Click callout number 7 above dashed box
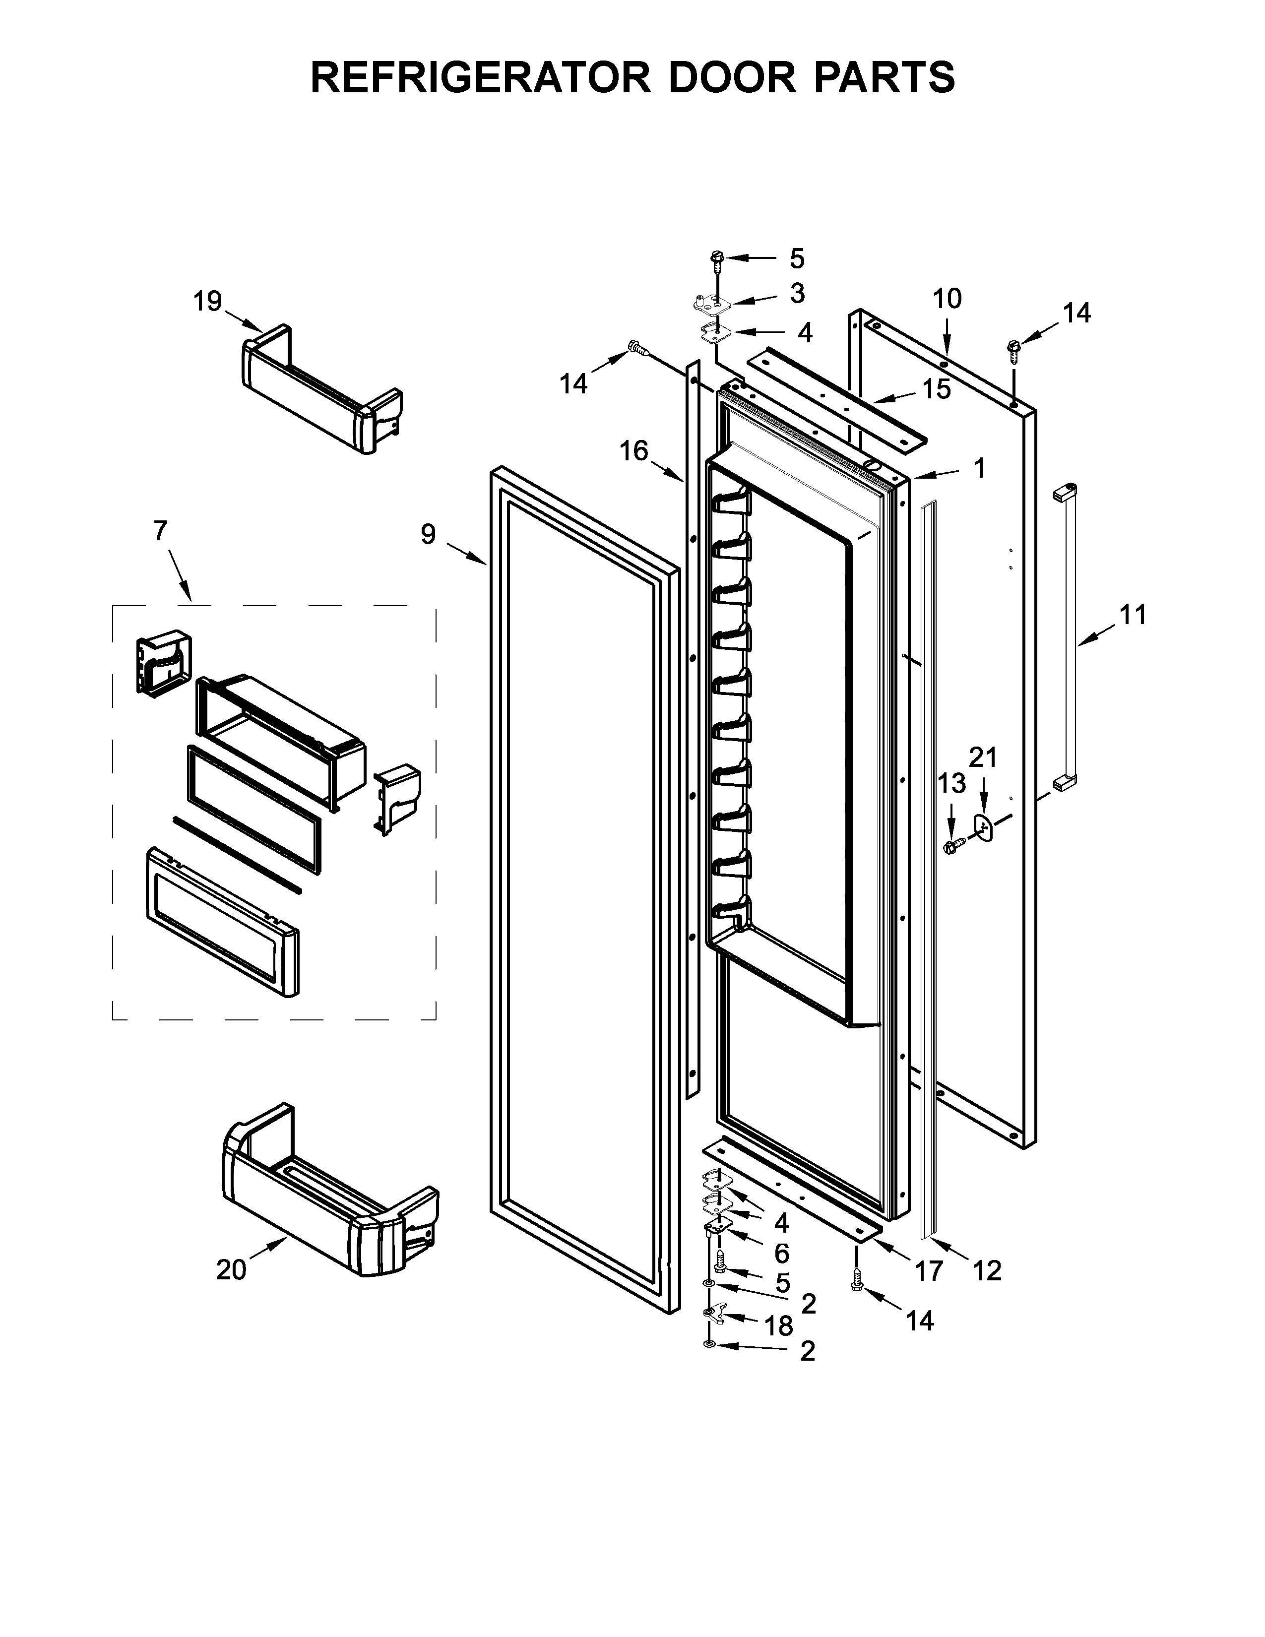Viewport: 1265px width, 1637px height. tap(160, 531)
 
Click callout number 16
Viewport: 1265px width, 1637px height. tap(633, 451)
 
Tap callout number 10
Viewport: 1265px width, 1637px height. tap(947, 298)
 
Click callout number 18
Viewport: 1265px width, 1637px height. tap(779, 1326)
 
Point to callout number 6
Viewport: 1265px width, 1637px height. tap(782, 1252)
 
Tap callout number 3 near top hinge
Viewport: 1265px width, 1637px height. tap(797, 293)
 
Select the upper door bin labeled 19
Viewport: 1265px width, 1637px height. tap(322, 392)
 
